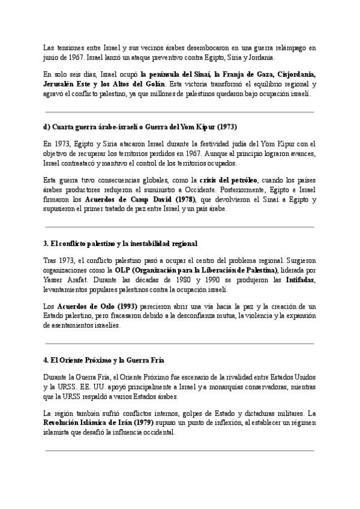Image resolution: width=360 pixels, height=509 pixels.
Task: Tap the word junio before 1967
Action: pos(54,58)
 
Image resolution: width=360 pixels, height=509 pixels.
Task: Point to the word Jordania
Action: pos(259,58)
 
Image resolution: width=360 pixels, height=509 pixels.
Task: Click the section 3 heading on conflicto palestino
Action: pos(121,244)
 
